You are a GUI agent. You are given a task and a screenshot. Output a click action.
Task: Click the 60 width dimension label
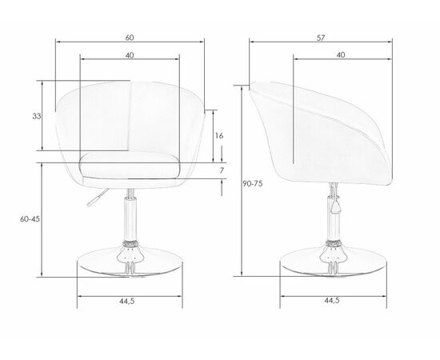(x=130, y=38)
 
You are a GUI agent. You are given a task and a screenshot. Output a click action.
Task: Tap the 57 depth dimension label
(x=321, y=38)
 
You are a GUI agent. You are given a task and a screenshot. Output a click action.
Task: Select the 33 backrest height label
(x=37, y=116)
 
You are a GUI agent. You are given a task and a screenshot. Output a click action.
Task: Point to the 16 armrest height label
(x=219, y=136)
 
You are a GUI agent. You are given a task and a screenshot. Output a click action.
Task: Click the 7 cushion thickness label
(x=222, y=170)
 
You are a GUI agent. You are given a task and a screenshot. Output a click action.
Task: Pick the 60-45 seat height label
(x=30, y=219)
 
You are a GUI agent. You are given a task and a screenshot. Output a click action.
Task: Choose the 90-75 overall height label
(x=253, y=184)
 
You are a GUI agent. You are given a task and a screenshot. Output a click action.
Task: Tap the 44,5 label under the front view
(x=127, y=302)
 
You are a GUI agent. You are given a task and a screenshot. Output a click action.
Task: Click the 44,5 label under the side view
(x=332, y=301)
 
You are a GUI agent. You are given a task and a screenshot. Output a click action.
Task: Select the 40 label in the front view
(x=130, y=55)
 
